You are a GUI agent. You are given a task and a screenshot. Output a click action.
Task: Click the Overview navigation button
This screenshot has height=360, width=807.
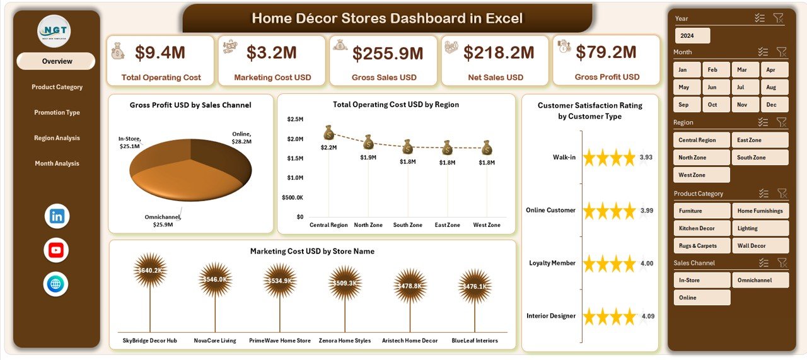pos(57,61)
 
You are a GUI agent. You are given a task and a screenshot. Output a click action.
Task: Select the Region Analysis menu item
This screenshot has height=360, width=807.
pos(57,138)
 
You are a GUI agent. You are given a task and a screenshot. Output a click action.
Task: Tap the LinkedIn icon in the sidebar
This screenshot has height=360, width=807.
pos(57,216)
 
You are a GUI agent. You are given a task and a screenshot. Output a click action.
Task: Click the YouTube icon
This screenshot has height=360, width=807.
pos(56,250)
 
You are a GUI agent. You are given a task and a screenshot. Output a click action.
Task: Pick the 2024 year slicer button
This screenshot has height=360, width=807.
pos(692,35)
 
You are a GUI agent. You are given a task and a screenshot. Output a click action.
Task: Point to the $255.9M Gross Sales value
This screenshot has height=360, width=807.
pos(388,54)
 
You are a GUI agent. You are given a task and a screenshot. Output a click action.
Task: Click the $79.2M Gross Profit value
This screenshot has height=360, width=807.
pos(607,52)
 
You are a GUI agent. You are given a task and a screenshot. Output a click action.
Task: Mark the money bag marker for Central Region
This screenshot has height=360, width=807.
pos(328,132)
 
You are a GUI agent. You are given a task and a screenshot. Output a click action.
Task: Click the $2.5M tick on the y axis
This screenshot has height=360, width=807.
pos(295,119)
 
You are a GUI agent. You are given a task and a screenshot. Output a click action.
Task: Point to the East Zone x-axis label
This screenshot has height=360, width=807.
pos(446,225)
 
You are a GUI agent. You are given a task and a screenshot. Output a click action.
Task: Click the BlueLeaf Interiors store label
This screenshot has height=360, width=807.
pos(474,340)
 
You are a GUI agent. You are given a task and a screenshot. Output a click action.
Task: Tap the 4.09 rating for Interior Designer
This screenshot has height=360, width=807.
pos(647,316)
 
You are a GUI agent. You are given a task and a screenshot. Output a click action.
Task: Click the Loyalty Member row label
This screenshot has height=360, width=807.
pos(552,263)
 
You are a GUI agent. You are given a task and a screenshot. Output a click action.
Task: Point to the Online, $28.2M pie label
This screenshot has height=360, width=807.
pos(241,137)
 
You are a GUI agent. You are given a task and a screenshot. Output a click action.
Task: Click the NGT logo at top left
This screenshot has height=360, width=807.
pos(54,31)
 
